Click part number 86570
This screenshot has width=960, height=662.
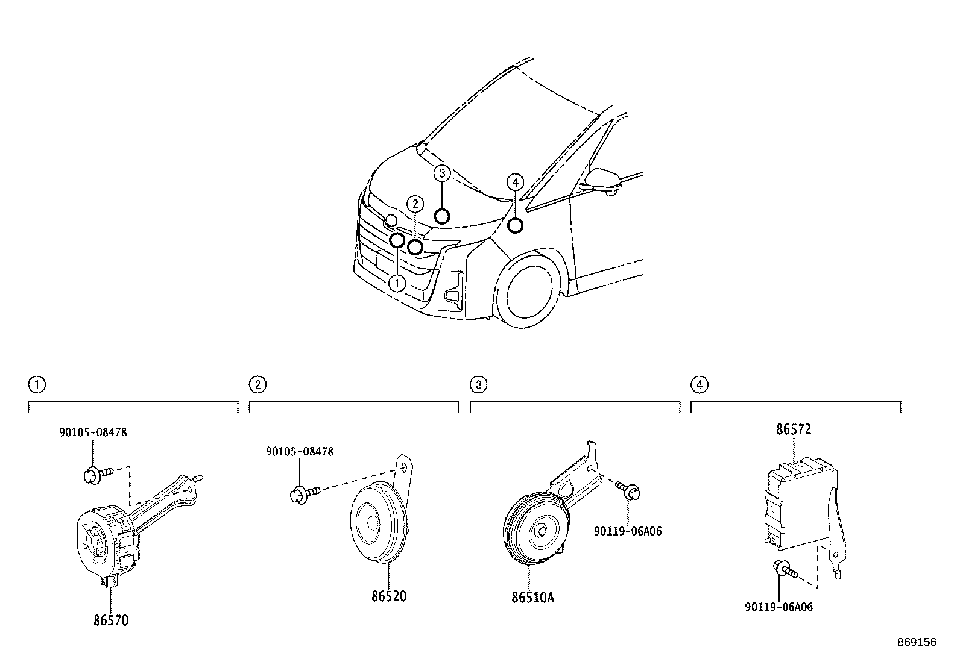point(111,620)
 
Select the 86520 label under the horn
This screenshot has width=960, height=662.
point(389,596)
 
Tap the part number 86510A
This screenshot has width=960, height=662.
point(532,598)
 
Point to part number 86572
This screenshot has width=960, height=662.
point(794,429)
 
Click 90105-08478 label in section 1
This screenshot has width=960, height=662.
point(93,432)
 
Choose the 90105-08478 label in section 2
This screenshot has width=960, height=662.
point(299,452)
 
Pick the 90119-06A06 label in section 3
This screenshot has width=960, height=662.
point(628,531)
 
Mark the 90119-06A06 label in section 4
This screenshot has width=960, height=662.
point(778,607)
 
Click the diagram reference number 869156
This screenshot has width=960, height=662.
point(917,642)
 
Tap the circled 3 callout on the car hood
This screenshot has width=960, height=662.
point(442,173)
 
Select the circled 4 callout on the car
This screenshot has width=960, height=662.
point(515,183)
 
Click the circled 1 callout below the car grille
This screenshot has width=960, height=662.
point(397,283)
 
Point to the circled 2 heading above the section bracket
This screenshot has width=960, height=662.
point(257,384)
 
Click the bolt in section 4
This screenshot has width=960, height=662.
point(785,569)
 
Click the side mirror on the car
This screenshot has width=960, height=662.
point(603,181)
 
